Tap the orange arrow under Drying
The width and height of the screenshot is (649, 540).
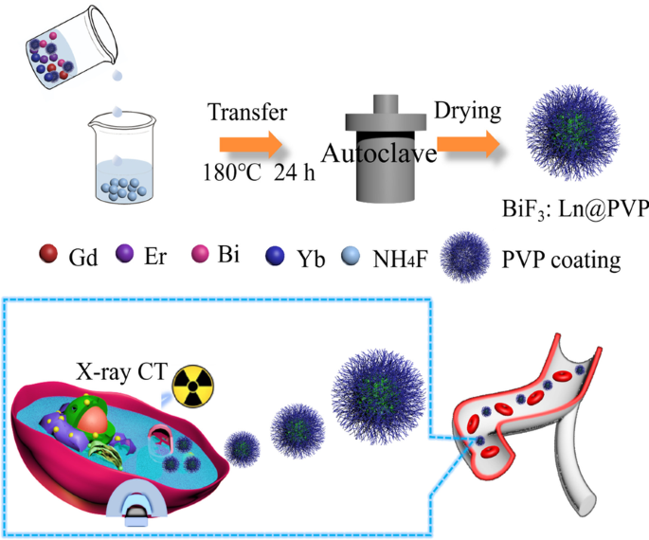[468, 144]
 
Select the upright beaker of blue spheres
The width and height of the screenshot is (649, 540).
[121, 161]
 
